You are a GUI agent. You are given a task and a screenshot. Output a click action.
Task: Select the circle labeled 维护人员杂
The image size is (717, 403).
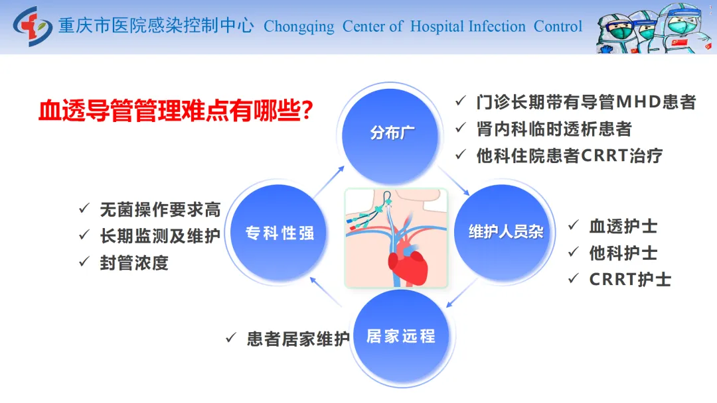click(x=503, y=232)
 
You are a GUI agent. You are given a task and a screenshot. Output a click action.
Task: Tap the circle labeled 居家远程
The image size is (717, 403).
click(x=401, y=336)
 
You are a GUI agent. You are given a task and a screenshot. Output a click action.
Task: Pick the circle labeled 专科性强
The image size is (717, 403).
click(x=279, y=233)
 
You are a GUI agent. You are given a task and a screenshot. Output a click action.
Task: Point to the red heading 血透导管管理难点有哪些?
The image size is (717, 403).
click(x=175, y=111)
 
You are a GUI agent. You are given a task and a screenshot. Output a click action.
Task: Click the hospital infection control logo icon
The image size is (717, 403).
click(x=32, y=26)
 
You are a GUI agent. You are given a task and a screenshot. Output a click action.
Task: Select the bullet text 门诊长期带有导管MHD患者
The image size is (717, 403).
click(x=586, y=102)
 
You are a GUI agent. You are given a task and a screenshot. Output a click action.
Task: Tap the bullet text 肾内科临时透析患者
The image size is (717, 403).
click(x=554, y=129)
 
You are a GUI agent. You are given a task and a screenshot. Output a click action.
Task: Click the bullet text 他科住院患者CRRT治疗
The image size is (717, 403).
click(x=570, y=156)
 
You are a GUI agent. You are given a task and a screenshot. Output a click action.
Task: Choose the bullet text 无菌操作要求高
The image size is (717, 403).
click(x=160, y=209)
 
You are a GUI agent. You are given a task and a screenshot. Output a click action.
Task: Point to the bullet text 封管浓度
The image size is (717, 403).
click(x=134, y=263)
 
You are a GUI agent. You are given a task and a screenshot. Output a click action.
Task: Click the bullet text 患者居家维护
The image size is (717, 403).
click(x=298, y=339)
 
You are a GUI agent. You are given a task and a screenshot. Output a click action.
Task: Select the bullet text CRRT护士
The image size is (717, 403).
click(x=630, y=279)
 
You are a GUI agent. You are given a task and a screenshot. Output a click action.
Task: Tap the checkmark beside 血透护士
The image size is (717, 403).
click(x=574, y=225)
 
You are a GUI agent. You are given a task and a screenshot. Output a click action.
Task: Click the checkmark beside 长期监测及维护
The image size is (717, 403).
click(x=84, y=235)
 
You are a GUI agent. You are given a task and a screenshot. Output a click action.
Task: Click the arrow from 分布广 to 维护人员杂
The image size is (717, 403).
click(x=453, y=181)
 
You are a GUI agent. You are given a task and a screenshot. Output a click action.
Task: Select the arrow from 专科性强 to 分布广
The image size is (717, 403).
click(x=329, y=182)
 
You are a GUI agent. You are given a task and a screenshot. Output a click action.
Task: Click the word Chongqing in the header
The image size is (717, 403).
click(x=299, y=27)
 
